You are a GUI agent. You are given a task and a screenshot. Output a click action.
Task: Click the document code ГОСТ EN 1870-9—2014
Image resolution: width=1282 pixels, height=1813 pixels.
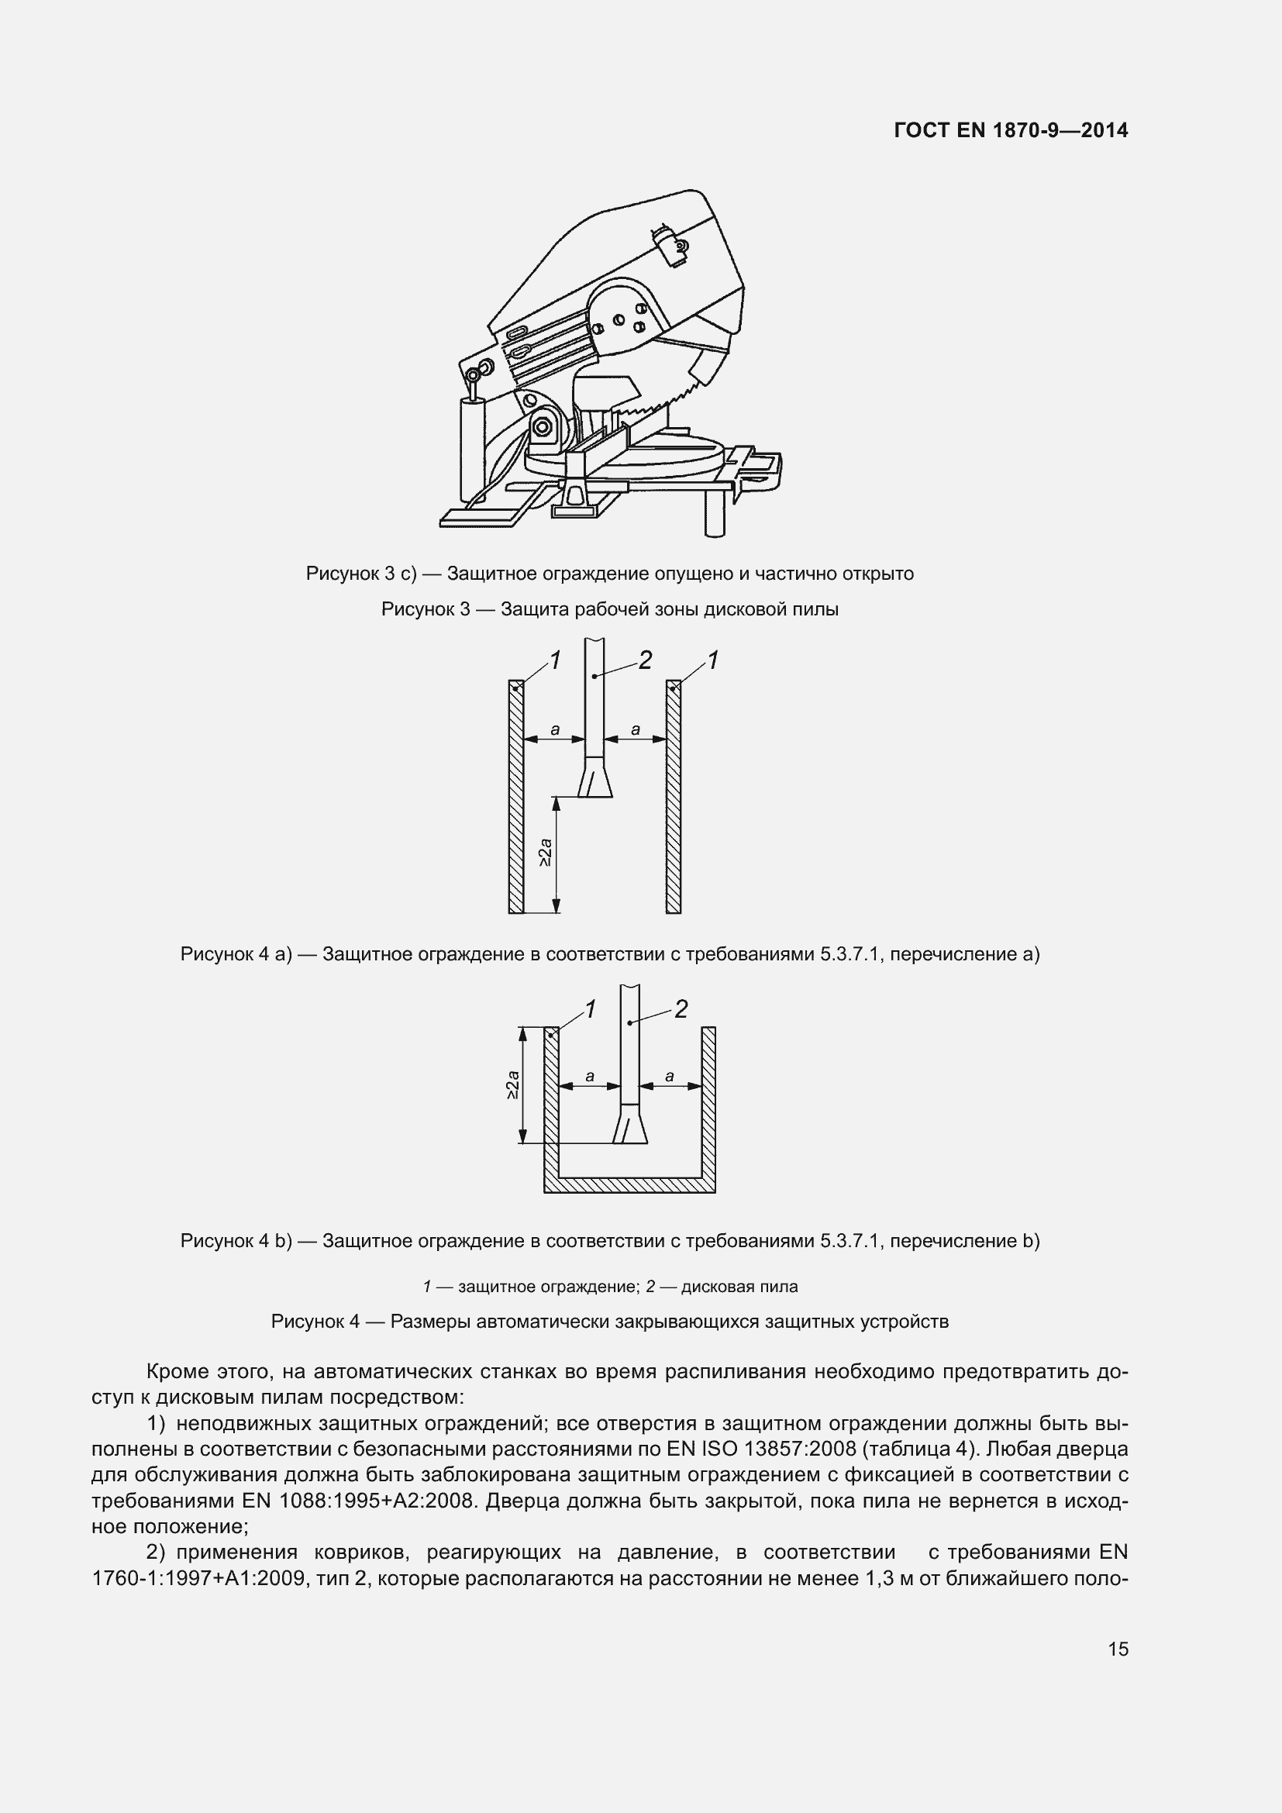(1011, 130)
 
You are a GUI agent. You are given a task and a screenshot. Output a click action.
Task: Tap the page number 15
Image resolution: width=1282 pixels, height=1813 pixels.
(1118, 1649)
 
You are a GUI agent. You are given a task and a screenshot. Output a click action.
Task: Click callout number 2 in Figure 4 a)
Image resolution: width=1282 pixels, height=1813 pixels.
(645, 660)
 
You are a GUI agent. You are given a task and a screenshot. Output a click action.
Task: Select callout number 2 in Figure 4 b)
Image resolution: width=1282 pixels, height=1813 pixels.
(681, 1009)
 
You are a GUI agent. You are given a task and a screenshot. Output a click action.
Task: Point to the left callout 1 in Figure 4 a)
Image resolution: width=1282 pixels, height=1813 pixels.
(556, 660)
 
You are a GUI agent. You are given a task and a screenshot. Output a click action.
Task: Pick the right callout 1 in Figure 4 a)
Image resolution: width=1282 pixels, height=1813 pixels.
(713, 660)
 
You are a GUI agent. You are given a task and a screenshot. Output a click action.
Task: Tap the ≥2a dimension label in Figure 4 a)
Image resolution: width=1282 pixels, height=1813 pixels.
(546, 854)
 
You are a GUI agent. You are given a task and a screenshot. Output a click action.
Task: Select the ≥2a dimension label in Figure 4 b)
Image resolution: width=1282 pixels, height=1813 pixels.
(512, 1085)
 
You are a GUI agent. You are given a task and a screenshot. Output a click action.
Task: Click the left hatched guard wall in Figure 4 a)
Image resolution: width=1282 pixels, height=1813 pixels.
(516, 798)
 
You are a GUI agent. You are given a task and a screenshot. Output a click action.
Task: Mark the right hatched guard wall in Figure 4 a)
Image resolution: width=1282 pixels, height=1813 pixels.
(674, 798)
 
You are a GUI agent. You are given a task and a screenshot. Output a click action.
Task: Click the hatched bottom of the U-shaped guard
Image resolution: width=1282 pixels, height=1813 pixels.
(629, 1185)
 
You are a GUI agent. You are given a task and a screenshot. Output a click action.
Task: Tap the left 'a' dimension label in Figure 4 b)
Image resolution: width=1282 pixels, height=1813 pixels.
(590, 1077)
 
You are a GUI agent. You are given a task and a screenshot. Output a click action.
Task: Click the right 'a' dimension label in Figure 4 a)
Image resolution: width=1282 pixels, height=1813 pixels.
(636, 729)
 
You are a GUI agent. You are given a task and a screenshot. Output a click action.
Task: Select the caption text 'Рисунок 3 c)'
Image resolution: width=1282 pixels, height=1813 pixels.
(360, 574)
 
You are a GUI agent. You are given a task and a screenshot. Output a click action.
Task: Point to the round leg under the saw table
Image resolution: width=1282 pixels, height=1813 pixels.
(714, 513)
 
